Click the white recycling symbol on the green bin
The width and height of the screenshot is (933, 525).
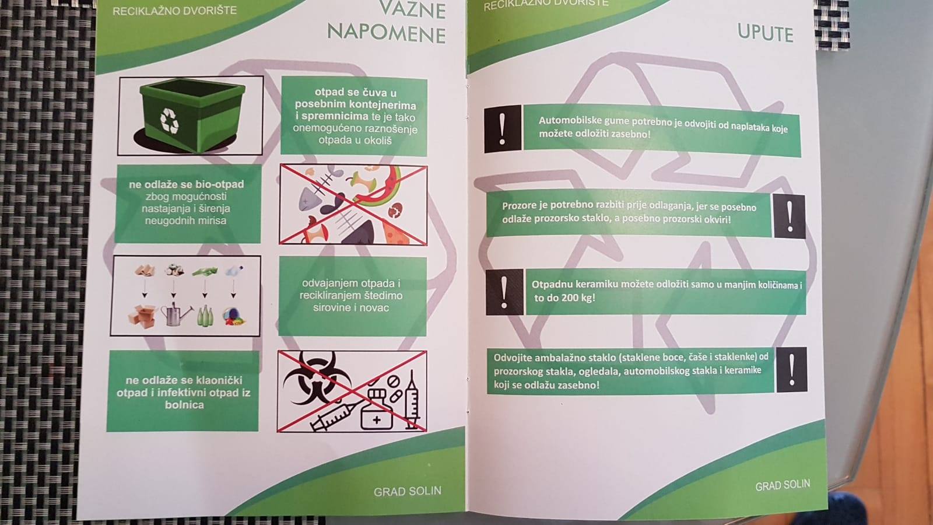(x=170, y=121)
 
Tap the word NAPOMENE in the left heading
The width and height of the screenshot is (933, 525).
(x=387, y=33)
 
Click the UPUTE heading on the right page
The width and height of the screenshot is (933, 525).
(x=766, y=33)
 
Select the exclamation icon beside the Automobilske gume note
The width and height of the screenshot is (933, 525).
(x=503, y=129)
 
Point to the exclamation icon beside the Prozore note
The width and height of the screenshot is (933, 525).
(x=790, y=216)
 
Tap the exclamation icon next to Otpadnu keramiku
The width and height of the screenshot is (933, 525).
(x=504, y=292)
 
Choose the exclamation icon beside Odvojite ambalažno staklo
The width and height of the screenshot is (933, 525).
(x=791, y=370)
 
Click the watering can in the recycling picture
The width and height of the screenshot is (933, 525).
(x=176, y=314)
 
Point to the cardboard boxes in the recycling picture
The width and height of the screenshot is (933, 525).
(x=142, y=316)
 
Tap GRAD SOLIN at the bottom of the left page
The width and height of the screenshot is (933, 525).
(x=408, y=492)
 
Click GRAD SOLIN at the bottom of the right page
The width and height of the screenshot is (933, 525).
(x=783, y=485)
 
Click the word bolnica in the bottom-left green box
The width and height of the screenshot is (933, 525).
(x=184, y=405)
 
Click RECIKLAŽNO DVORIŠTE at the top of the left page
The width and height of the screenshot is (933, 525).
(x=174, y=10)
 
